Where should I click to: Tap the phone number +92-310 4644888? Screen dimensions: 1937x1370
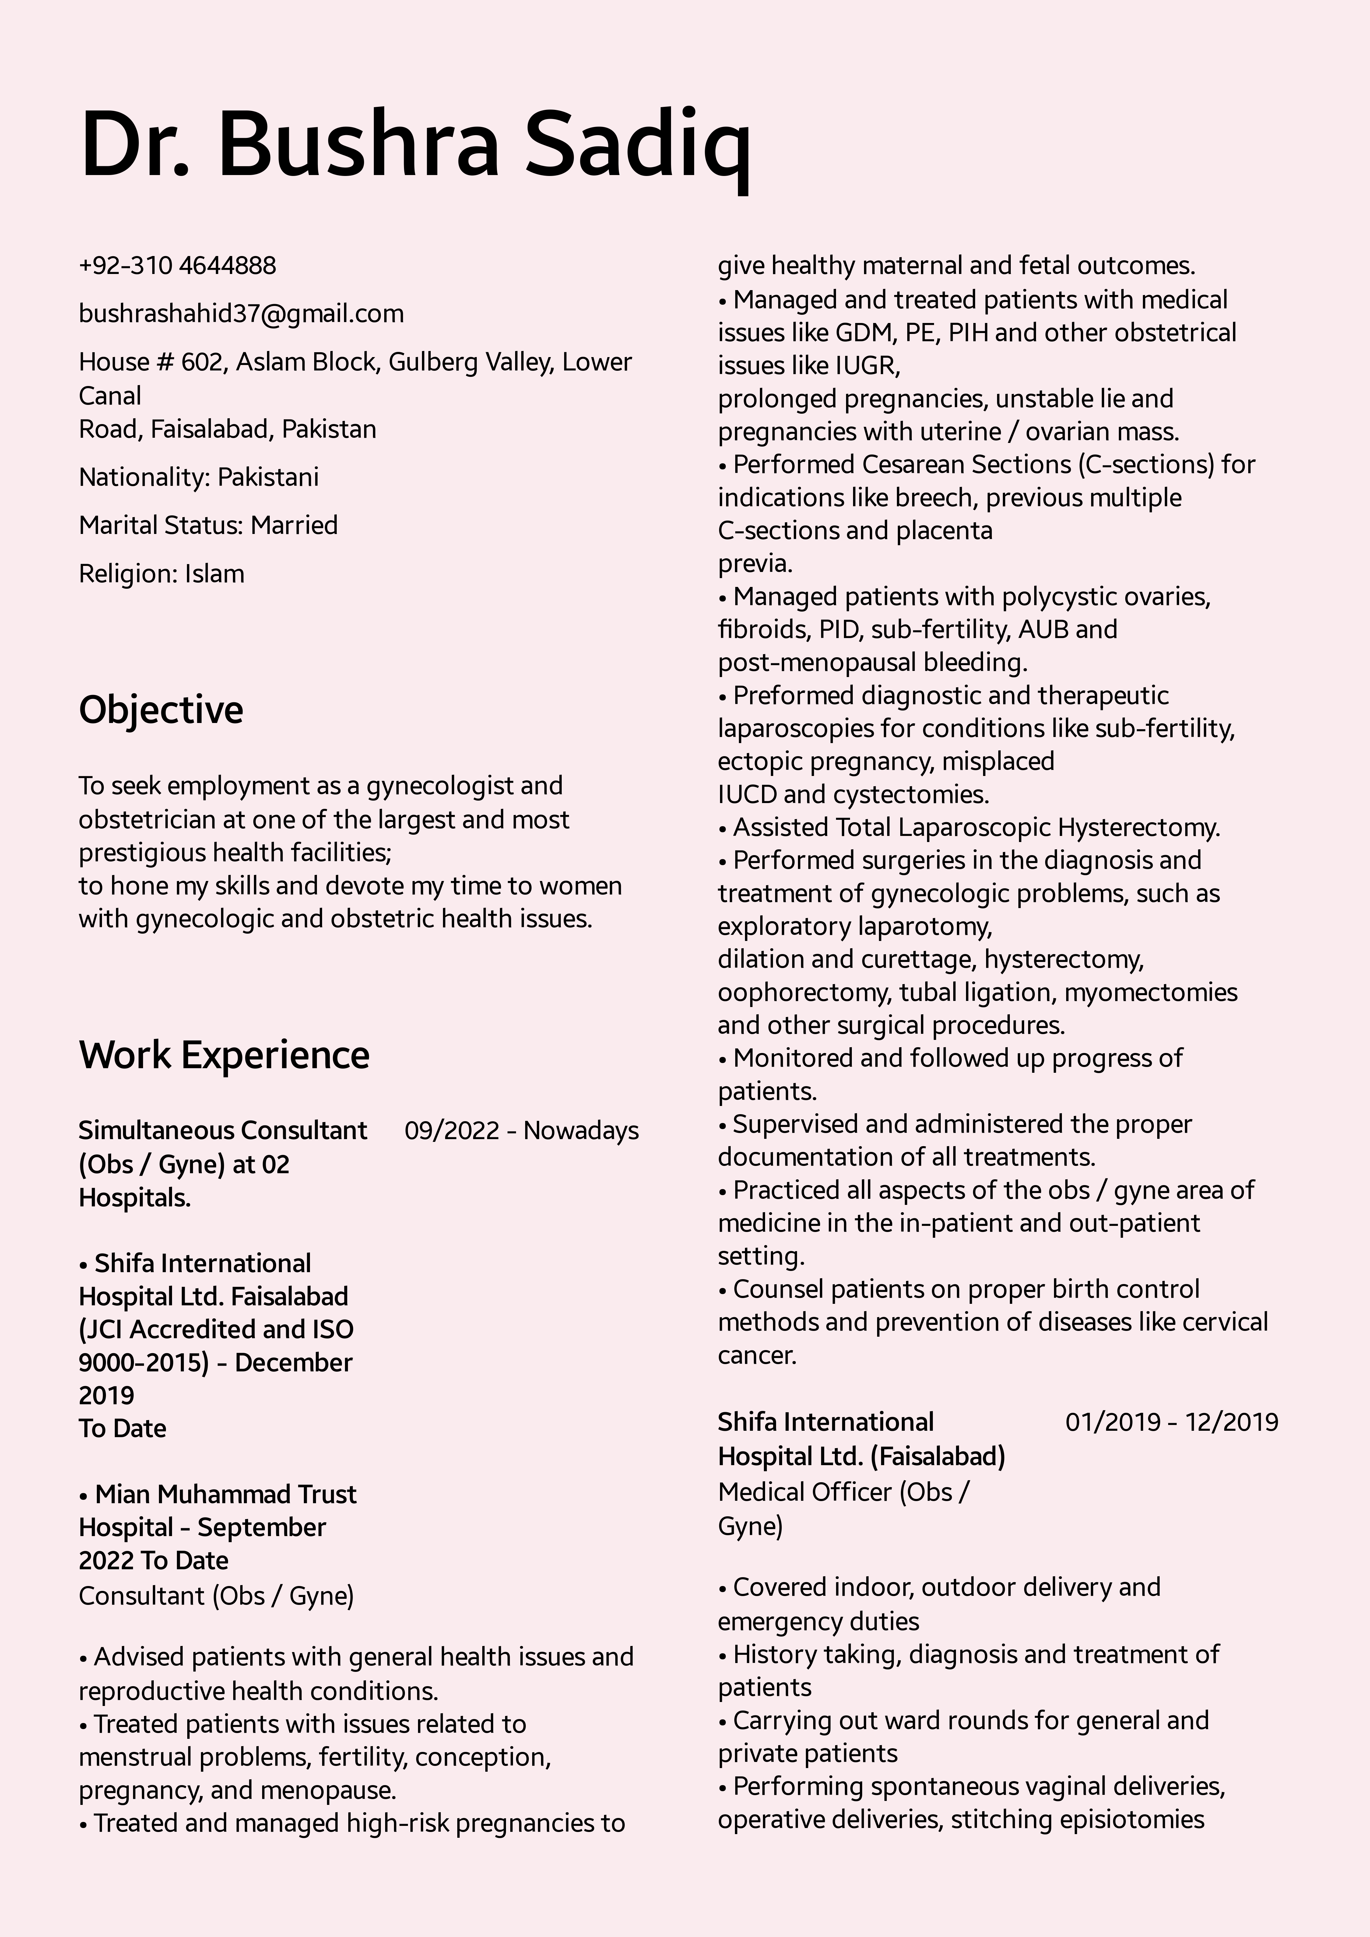click(x=177, y=266)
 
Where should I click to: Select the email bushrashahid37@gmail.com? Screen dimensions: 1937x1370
click(x=241, y=314)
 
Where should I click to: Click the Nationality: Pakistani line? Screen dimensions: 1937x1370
click(x=199, y=478)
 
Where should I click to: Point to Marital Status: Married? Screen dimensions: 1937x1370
click(x=208, y=526)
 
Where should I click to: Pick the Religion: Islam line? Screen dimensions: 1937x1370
click(x=161, y=574)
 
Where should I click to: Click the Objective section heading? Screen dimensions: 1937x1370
click(x=161, y=710)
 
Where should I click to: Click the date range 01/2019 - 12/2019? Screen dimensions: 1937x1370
click(x=1171, y=1422)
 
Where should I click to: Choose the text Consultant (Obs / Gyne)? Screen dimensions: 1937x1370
click(x=216, y=1596)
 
